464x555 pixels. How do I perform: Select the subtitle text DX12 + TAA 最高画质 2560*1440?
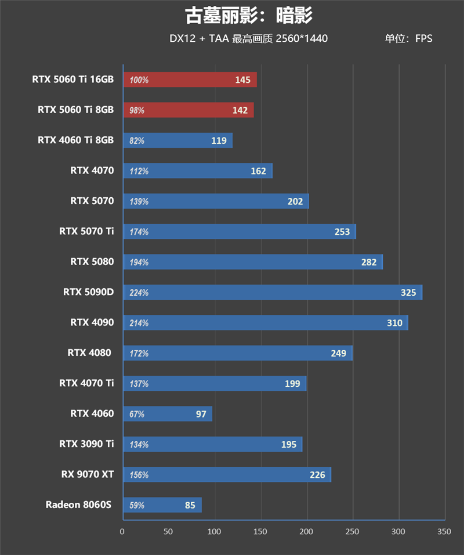click(248, 39)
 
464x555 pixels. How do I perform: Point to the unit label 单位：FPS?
click(408, 39)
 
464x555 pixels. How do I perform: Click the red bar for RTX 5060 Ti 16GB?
click(190, 80)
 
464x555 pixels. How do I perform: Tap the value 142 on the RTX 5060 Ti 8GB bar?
click(240, 110)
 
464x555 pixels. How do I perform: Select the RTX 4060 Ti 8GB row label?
click(75, 140)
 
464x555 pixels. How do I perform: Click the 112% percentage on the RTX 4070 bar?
click(139, 171)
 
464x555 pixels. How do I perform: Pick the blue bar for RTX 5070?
click(216, 201)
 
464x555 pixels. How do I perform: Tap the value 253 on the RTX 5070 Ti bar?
click(342, 232)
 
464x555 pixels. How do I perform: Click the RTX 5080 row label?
click(92, 262)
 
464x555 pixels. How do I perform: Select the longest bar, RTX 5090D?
click(273, 292)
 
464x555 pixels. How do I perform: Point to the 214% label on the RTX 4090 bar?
click(139, 323)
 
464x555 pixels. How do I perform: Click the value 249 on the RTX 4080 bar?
click(338, 353)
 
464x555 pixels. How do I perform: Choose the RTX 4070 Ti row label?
click(86, 383)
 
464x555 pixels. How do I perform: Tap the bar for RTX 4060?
click(168, 413)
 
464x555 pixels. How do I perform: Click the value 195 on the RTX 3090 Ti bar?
click(288, 444)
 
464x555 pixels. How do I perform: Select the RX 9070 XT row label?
click(88, 474)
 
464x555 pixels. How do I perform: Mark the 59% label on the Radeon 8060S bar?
click(137, 505)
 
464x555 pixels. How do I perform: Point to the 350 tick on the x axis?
click(444, 531)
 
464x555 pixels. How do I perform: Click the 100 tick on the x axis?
click(214, 531)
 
